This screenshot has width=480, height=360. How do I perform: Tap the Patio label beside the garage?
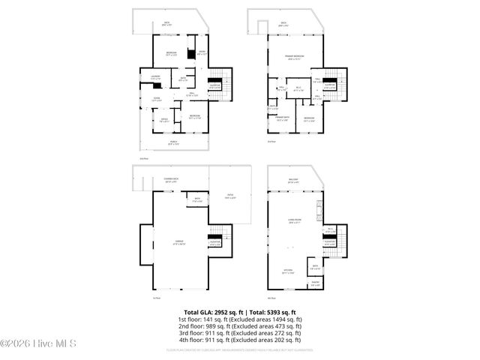pos(230,196)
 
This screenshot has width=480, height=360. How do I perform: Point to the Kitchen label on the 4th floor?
pos(288,271)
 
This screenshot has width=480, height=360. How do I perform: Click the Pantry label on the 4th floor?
pos(315,284)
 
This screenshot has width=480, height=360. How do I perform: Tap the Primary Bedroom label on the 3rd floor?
pos(293,57)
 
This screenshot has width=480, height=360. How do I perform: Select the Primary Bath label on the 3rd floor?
pos(282,118)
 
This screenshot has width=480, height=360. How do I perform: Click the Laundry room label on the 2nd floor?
pos(156,76)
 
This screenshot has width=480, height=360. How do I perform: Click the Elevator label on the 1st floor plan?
pos(214,242)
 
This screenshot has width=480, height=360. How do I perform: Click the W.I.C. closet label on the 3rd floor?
pos(298,88)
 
